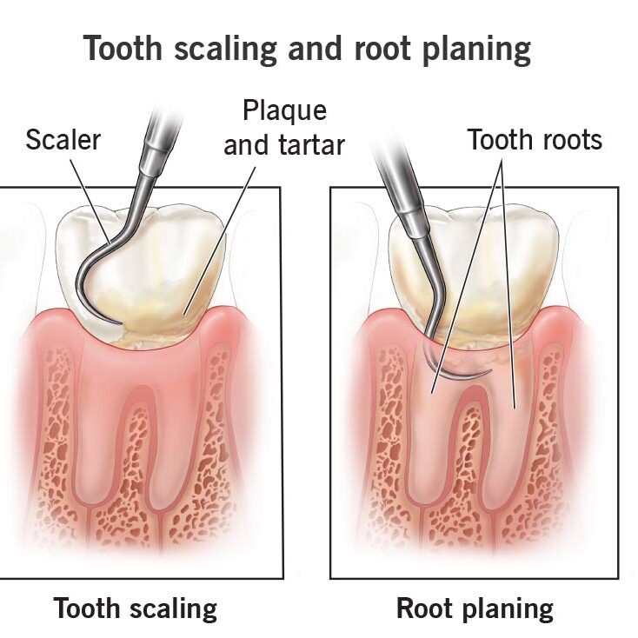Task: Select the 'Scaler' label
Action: [64, 140]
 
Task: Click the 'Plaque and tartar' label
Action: [284, 128]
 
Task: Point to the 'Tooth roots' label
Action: [535, 140]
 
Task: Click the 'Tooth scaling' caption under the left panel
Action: [135, 608]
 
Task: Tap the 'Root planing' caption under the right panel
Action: [474, 608]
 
